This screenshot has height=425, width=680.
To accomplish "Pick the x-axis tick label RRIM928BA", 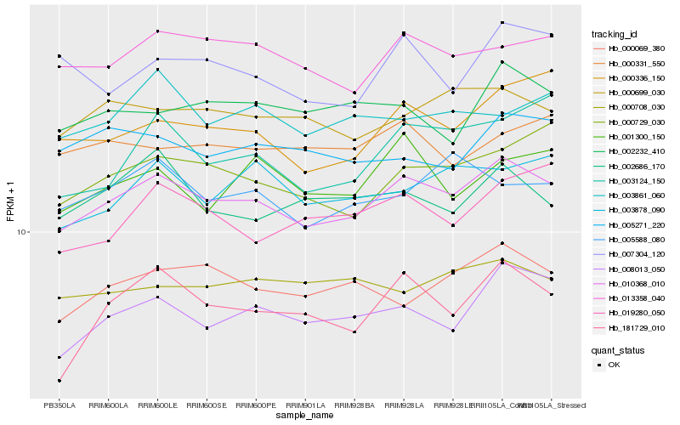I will [354, 405].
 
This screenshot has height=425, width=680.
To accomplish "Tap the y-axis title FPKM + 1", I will [10, 201].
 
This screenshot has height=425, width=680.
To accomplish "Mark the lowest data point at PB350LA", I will [59, 381].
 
